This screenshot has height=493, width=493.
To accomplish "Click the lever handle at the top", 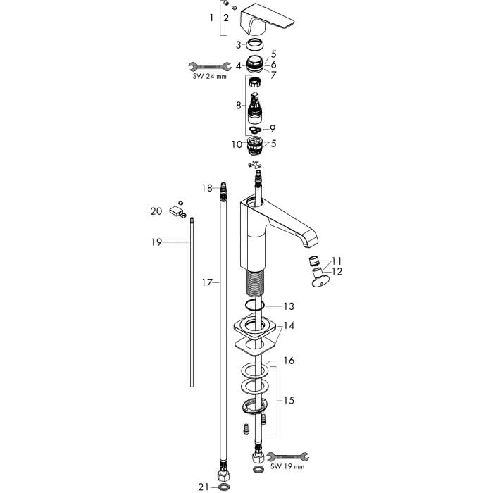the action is tap(267, 20).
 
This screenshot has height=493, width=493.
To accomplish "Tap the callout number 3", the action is tap(239, 45).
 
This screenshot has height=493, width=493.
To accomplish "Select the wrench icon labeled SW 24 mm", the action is tap(210, 66).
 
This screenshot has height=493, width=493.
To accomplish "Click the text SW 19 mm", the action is tap(287, 466).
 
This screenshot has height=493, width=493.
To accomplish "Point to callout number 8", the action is tap(239, 106).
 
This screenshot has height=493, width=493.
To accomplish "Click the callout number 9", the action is tap(273, 129).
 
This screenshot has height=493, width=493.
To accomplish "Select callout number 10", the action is tap(237, 144).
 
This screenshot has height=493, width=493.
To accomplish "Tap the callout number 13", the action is tap(289, 306).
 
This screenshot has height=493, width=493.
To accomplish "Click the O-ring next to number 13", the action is tap(254, 304).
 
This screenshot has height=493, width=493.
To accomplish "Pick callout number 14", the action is tap(289, 325).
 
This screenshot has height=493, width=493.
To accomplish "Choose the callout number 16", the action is tap(289, 361).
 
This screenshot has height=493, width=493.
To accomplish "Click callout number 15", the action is tap(289, 400).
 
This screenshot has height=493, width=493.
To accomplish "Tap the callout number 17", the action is tap(207, 282).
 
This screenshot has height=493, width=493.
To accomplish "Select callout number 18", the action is tap(207, 188).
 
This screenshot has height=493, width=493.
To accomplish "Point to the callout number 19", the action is tap(156, 242).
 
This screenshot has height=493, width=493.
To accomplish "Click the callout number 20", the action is tap(156, 211).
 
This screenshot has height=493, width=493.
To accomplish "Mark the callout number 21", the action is tap(204, 487).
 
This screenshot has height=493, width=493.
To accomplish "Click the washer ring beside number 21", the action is tap(224, 487).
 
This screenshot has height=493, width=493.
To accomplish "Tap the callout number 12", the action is tap(337, 271).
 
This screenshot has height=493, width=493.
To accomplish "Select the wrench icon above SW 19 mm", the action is tap(287, 456).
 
